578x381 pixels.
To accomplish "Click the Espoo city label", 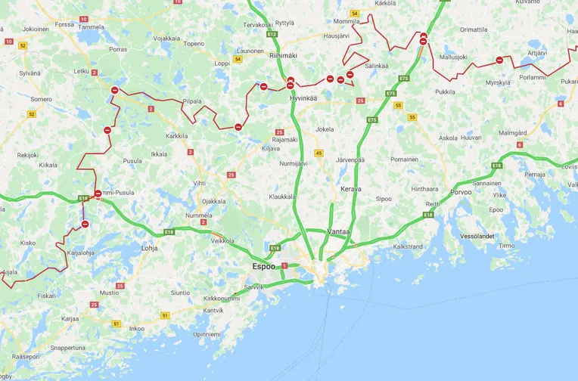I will click(268, 267).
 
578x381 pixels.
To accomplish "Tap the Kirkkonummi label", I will click(221, 299).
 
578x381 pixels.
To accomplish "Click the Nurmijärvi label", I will click(294, 163).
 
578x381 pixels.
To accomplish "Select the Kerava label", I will click(350, 188).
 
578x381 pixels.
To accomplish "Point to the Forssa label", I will click(64, 24).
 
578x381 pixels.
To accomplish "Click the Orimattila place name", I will click(474, 29).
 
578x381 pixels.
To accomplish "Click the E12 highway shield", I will click(272, 34).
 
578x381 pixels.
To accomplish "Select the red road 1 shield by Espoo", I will click(284, 265).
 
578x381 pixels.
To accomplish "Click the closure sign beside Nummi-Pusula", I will click(98, 194).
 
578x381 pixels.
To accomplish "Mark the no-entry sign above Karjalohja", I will click(85, 224).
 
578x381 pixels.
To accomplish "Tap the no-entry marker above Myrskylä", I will click(499, 60).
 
